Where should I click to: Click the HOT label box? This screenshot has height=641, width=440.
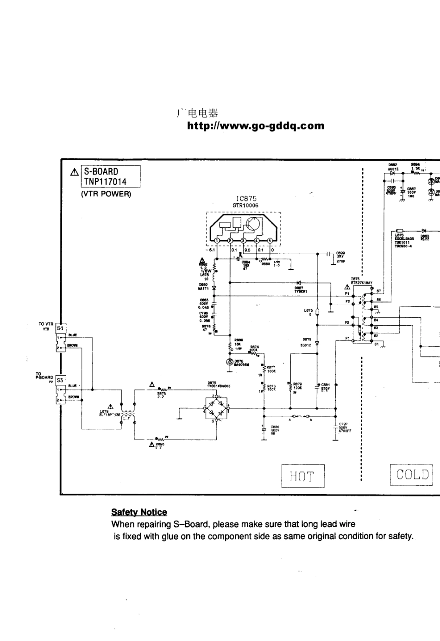(302, 476)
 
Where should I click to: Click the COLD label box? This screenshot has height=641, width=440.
(411, 475)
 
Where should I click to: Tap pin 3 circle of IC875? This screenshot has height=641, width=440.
(244, 240)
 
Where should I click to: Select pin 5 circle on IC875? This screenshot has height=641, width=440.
(269, 240)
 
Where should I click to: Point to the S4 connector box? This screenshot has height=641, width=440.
(60, 328)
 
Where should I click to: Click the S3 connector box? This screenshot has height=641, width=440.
(60, 380)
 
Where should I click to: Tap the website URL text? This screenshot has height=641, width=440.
(256, 126)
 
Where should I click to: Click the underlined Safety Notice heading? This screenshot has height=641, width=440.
(139, 512)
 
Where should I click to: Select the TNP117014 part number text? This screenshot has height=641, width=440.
(105, 182)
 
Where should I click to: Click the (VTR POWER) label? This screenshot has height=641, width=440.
(106, 194)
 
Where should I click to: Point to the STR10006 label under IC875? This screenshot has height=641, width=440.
(245, 205)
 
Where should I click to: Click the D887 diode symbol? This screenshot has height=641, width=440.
(299, 282)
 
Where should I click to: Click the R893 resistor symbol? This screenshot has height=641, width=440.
(160, 438)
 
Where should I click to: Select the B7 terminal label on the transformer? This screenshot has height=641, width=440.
(378, 291)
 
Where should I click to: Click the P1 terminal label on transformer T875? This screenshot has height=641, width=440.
(347, 338)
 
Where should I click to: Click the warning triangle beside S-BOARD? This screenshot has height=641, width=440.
(74, 172)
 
